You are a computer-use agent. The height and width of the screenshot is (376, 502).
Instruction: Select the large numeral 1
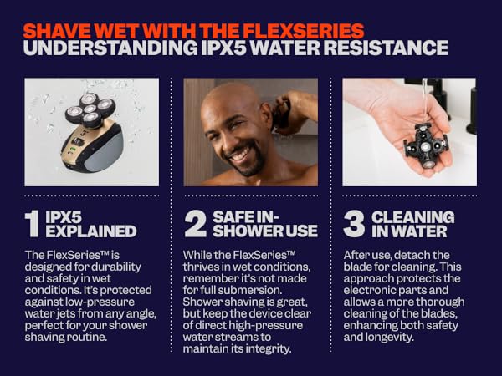(32, 224)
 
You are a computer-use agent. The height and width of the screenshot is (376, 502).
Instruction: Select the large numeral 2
(195, 224)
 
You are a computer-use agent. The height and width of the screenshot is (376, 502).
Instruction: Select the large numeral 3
(355, 224)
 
